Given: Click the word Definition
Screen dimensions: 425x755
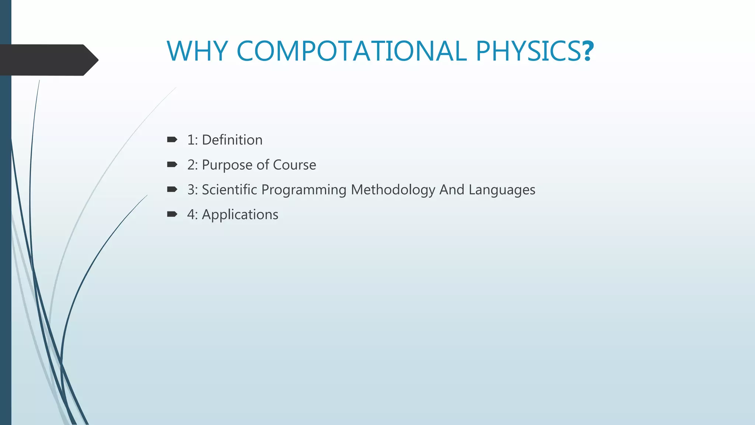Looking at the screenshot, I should click(x=232, y=140).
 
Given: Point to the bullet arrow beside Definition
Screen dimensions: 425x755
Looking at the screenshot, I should click(x=172, y=139).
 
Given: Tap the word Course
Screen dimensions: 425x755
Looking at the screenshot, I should click(x=295, y=165).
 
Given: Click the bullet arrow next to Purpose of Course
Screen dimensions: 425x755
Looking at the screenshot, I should click(x=172, y=164).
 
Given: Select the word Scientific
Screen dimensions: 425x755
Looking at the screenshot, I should click(x=229, y=190).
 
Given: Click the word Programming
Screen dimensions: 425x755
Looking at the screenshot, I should click(x=304, y=190).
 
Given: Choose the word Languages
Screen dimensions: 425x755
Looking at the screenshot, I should click(x=502, y=190).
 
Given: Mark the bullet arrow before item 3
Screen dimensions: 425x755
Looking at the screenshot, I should click(x=172, y=189).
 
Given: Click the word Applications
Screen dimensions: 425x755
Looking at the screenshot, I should click(x=240, y=215).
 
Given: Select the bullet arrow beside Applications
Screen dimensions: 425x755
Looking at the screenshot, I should click(x=172, y=214).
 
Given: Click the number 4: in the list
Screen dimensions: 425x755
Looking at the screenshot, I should click(x=192, y=214).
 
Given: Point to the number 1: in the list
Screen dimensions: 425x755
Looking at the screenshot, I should click(x=192, y=140).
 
